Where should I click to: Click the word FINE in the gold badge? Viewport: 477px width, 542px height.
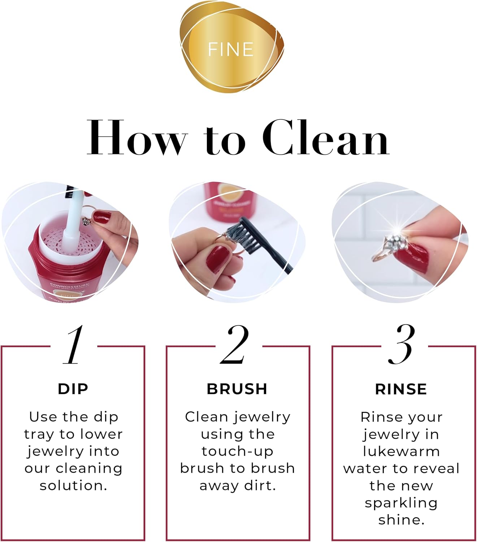point(231,50)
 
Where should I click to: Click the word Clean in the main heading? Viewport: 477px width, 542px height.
point(326,138)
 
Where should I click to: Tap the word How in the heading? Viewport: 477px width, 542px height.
point(136,138)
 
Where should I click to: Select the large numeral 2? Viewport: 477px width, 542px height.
point(235,345)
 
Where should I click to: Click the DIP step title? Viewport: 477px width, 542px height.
point(73,389)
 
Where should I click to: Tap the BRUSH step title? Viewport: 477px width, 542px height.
point(237,389)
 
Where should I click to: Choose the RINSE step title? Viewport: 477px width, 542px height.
point(401,389)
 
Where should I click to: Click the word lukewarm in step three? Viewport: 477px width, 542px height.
point(401,452)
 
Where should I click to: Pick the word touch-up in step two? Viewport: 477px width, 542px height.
point(237,451)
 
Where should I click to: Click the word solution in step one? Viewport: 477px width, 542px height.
point(73,486)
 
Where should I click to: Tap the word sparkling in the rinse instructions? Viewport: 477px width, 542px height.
point(401,503)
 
